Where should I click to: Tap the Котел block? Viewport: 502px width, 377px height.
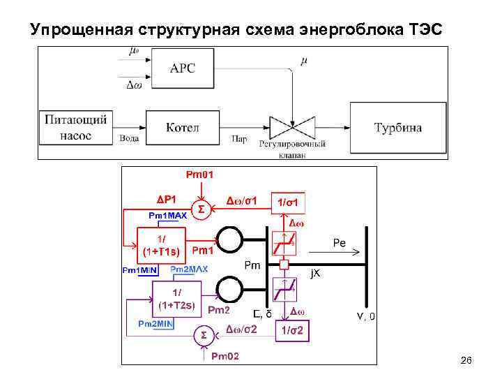click(183, 127)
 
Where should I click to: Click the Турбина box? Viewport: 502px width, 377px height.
click(397, 127)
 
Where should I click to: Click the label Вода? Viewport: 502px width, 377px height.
click(128, 139)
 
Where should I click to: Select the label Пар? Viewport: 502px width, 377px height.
click(238, 139)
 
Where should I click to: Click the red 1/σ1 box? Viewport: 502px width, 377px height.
click(289, 202)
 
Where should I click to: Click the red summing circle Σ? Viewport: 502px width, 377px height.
click(201, 208)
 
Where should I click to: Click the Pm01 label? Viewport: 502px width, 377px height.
click(200, 173)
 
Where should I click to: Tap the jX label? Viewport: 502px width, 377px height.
click(316, 274)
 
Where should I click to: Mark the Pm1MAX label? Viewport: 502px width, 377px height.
click(167, 216)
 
